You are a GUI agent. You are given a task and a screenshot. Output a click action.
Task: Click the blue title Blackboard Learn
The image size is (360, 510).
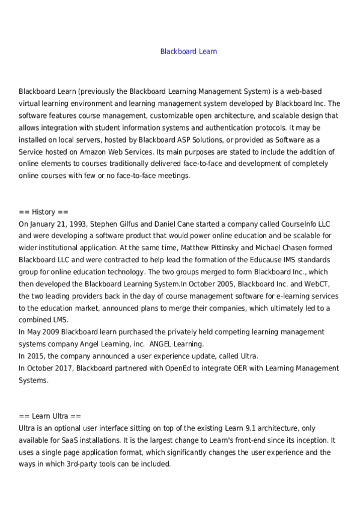click(x=188, y=52)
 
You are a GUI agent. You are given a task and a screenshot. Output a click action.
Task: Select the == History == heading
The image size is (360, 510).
click(x=44, y=212)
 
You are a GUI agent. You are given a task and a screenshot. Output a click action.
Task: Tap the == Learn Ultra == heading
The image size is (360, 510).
click(x=49, y=416)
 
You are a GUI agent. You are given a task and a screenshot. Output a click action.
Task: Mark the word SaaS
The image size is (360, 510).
click(x=61, y=440)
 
